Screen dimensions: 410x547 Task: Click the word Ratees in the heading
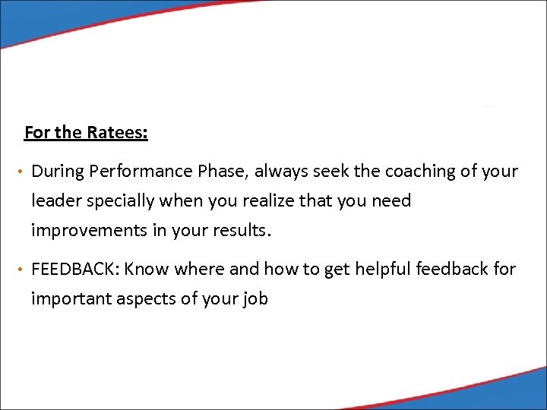tap(117, 133)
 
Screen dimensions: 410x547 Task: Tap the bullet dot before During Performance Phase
tap(22, 172)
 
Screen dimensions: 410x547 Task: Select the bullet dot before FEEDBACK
tap(22, 270)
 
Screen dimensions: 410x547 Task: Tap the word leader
tap(54, 201)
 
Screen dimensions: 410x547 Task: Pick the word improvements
tap(89, 231)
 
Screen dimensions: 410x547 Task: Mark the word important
tap(71, 299)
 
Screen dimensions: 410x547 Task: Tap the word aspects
tap(143, 299)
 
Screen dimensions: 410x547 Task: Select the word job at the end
tap(255, 299)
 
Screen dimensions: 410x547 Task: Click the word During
tap(57, 172)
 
